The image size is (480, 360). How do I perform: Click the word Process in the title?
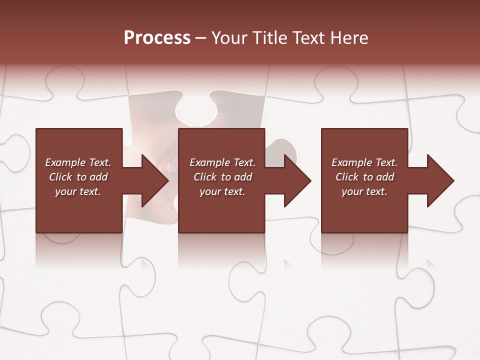pyautogui.click(x=157, y=38)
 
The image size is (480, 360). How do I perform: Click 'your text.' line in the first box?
pyautogui.click(x=78, y=191)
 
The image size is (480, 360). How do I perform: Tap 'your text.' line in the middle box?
pyautogui.click(x=222, y=191)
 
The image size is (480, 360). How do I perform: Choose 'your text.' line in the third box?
pyautogui.click(x=364, y=191)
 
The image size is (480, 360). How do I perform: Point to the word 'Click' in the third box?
pyautogui.click(x=347, y=177)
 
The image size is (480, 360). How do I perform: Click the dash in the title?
pyautogui.click(x=201, y=38)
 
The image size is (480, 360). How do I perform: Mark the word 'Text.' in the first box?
pyautogui.click(x=99, y=162)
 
